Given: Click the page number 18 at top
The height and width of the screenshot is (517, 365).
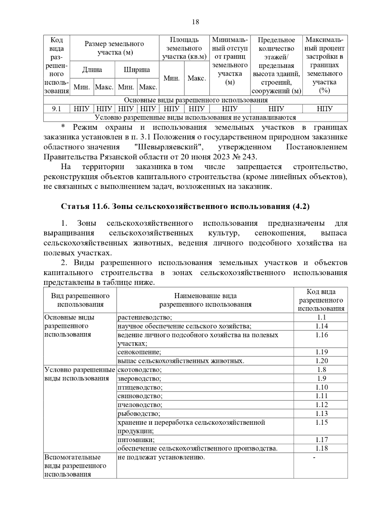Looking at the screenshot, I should (196, 22).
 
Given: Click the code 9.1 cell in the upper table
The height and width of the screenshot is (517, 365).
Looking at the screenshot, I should (57, 109).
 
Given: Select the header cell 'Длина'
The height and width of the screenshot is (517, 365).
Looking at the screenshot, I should (92, 70).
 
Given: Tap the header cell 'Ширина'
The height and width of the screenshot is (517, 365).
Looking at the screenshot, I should (137, 70).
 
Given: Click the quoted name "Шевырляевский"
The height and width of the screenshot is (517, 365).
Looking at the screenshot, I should (169, 147).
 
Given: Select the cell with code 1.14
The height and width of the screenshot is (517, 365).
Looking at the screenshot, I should (322, 326).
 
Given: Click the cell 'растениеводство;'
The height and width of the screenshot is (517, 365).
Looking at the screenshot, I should (145, 317).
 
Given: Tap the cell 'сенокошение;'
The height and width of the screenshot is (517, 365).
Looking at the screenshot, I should (139, 352).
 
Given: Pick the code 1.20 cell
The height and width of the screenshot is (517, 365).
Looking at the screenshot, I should (322, 361).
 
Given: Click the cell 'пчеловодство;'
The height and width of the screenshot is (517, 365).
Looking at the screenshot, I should (140, 405).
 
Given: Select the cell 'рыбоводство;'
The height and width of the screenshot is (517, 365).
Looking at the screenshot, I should (139, 413).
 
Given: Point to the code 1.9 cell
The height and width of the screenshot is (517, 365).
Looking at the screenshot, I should (322, 378).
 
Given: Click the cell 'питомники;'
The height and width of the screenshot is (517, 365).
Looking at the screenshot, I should (136, 440).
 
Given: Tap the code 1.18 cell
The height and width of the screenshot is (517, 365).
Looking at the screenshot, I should (322, 448).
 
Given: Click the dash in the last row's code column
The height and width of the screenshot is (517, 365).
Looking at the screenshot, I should (314, 457).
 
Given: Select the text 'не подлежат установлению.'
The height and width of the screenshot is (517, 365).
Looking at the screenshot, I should (161, 457).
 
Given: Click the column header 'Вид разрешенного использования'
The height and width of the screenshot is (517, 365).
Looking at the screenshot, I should (80, 300).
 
